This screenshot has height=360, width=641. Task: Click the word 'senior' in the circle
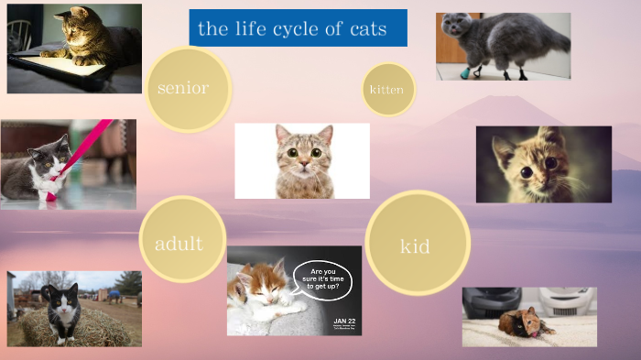tap(183, 88)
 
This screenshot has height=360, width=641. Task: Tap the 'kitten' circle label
tap(386, 90)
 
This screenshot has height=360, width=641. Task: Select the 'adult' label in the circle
tap(179, 243)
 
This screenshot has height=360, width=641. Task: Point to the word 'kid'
tap(415, 245)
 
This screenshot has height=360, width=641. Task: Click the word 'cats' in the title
tap(368, 28)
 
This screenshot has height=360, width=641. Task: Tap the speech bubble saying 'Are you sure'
tap(322, 278)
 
